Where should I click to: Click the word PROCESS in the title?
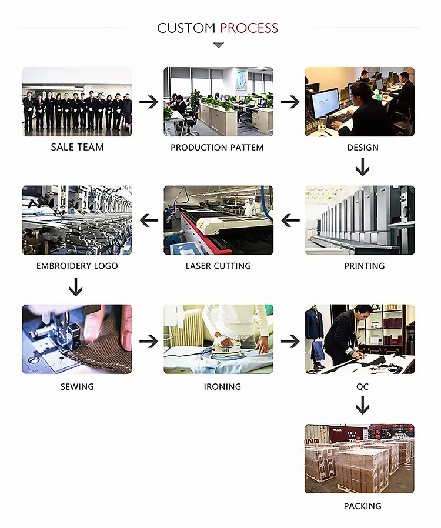click(249, 28)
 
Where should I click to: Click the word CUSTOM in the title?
click(186, 28)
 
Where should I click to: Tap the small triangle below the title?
click(218, 45)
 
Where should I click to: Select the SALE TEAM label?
click(77, 147)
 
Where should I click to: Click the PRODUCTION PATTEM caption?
click(217, 148)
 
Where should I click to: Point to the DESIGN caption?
click(363, 148)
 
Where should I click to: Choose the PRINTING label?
click(364, 266)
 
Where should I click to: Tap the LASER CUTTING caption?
click(218, 266)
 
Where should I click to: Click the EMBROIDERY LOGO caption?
click(77, 266)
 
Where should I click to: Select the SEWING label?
click(77, 386)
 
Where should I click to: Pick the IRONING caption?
click(222, 386)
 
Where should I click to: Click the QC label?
click(363, 387)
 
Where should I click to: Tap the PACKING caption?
click(363, 506)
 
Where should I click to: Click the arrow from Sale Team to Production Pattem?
click(148, 102)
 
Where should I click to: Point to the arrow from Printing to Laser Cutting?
click(290, 220)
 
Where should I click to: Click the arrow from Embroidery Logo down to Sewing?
click(76, 288)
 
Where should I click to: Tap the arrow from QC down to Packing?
click(363, 405)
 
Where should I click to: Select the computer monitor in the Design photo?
click(325, 103)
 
